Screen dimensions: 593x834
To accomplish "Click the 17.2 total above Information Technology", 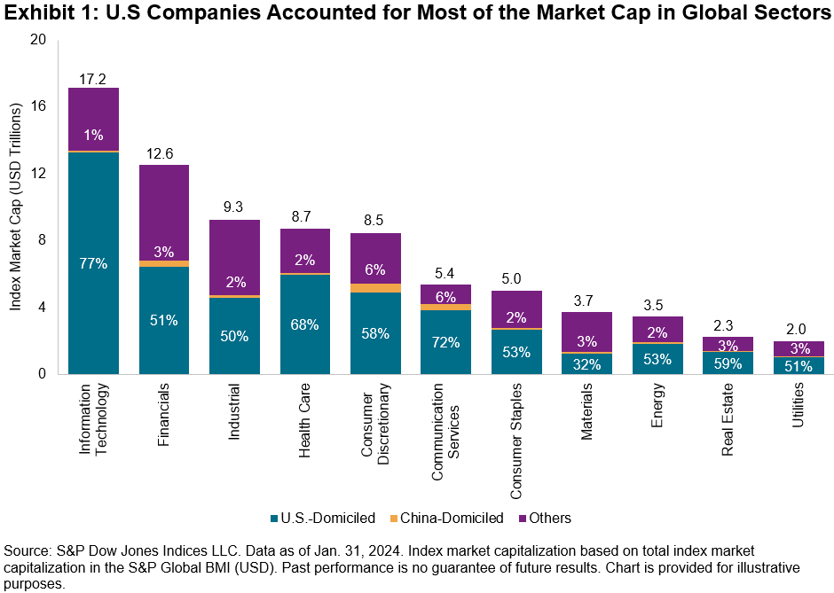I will (93, 80).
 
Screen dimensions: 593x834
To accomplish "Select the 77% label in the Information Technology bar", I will (93, 263).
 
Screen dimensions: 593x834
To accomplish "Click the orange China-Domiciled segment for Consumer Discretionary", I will (376, 288).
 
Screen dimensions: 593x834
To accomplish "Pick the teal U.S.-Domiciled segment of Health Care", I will (305, 346).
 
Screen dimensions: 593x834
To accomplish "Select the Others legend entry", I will (547, 518).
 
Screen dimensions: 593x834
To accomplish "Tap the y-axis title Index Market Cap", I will (16, 207).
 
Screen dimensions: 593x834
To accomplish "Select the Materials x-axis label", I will (587, 417).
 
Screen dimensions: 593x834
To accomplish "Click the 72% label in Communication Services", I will (446, 341).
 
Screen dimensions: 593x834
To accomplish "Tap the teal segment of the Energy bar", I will (657, 359).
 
